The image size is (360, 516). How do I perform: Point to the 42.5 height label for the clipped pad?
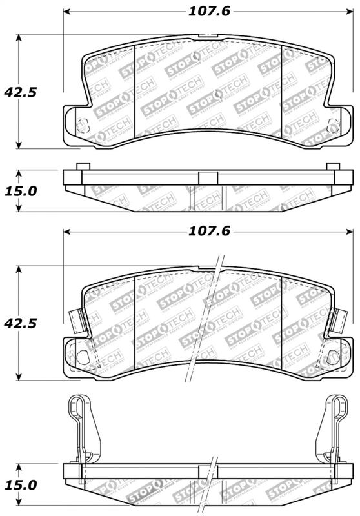pos(19,321)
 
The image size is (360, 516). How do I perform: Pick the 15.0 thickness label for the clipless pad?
pos(19,190)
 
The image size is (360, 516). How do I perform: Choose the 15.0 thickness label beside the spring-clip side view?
pos(19,484)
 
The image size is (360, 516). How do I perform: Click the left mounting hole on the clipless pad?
pos(81,125)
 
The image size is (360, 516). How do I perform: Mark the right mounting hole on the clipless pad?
pos(333,125)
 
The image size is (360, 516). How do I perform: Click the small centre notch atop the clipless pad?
pos(206,34)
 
